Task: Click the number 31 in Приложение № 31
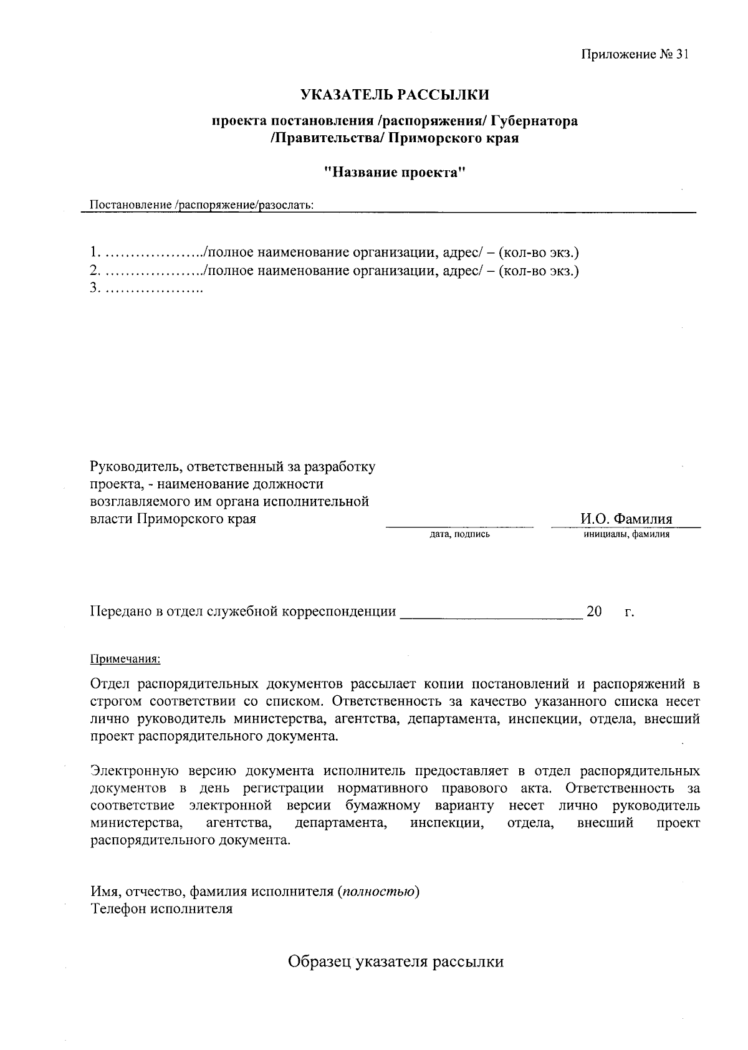(681, 54)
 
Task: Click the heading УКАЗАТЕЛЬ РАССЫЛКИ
(395, 95)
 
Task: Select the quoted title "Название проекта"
(395, 172)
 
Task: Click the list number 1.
(95, 253)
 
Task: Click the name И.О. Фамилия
(626, 519)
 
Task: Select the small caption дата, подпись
(459, 534)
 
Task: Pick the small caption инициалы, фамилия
(626, 534)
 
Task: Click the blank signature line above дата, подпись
(459, 525)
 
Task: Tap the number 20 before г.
(594, 612)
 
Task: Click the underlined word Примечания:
(125, 658)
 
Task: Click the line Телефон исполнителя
(161, 908)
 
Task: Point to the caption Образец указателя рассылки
(395, 961)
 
